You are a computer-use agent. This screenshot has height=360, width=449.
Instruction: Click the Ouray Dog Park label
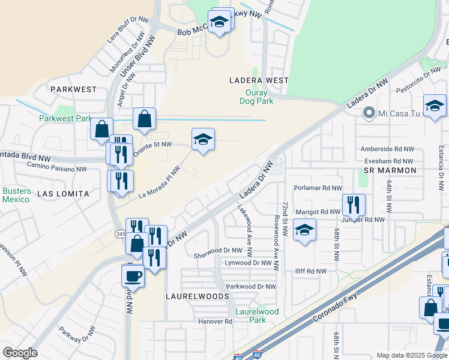pyautogui.click(x=259, y=97)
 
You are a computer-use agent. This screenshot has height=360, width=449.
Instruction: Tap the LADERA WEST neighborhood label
pyautogui.click(x=259, y=80)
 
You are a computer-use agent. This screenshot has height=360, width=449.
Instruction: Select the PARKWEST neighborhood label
pyautogui.click(x=73, y=89)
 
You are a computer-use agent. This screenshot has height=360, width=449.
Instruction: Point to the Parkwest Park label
pyautogui.click(x=65, y=118)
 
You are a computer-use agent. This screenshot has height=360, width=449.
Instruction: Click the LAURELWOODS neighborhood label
pyautogui.click(x=197, y=296)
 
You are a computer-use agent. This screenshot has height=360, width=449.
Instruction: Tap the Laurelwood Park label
pyautogui.click(x=258, y=316)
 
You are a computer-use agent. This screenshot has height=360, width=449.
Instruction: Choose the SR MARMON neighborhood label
pyautogui.click(x=390, y=171)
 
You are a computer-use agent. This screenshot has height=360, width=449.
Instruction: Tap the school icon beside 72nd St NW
pyautogui.click(x=305, y=230)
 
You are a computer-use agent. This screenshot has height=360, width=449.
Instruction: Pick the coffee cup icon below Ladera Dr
pyautogui.click(x=133, y=277)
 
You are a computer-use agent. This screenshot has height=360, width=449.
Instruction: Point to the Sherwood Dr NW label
pyautogui.click(x=217, y=250)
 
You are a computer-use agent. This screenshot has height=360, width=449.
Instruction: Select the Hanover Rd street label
pyautogui.click(x=215, y=322)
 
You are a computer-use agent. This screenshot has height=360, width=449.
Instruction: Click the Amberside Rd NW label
pyautogui.click(x=387, y=149)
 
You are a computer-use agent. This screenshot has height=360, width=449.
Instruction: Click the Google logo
pyautogui.click(x=20, y=353)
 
